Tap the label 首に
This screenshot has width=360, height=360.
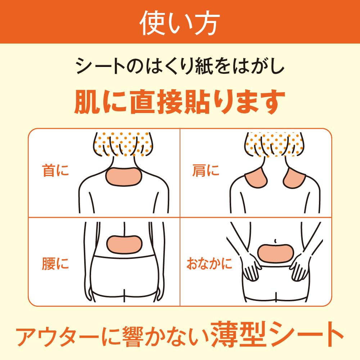[55, 170]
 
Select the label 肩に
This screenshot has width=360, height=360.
[206, 170]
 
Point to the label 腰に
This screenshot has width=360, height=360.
[55, 264]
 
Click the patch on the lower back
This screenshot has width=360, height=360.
[124, 244]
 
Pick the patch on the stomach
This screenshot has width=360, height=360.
[275, 253]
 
